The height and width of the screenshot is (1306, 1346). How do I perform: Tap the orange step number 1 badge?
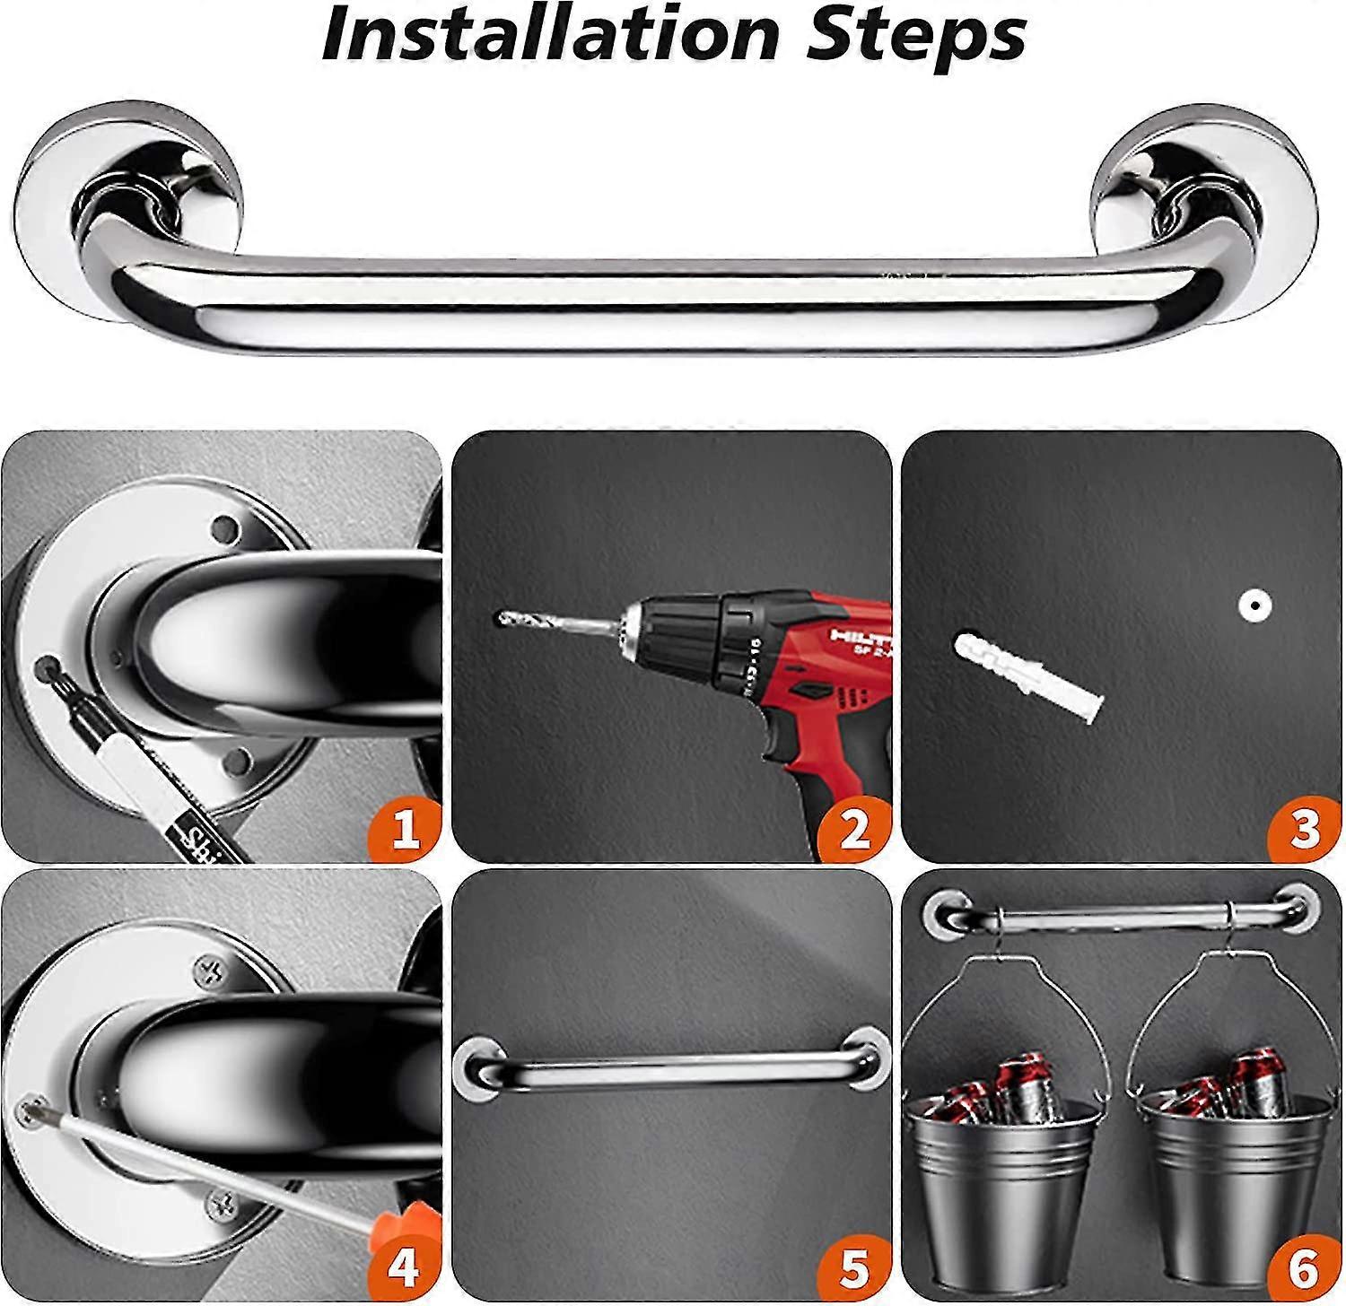(x=406, y=830)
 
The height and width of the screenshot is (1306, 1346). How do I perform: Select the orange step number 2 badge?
(x=854, y=830)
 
